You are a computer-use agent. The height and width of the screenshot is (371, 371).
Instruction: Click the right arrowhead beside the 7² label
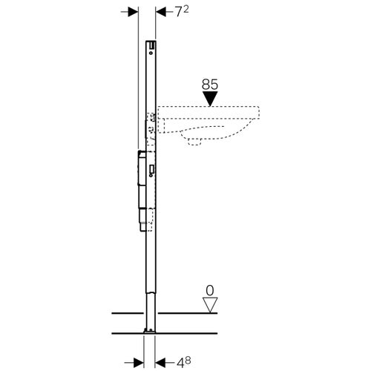(161, 13)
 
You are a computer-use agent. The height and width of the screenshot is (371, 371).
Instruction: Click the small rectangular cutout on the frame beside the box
(151, 170)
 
